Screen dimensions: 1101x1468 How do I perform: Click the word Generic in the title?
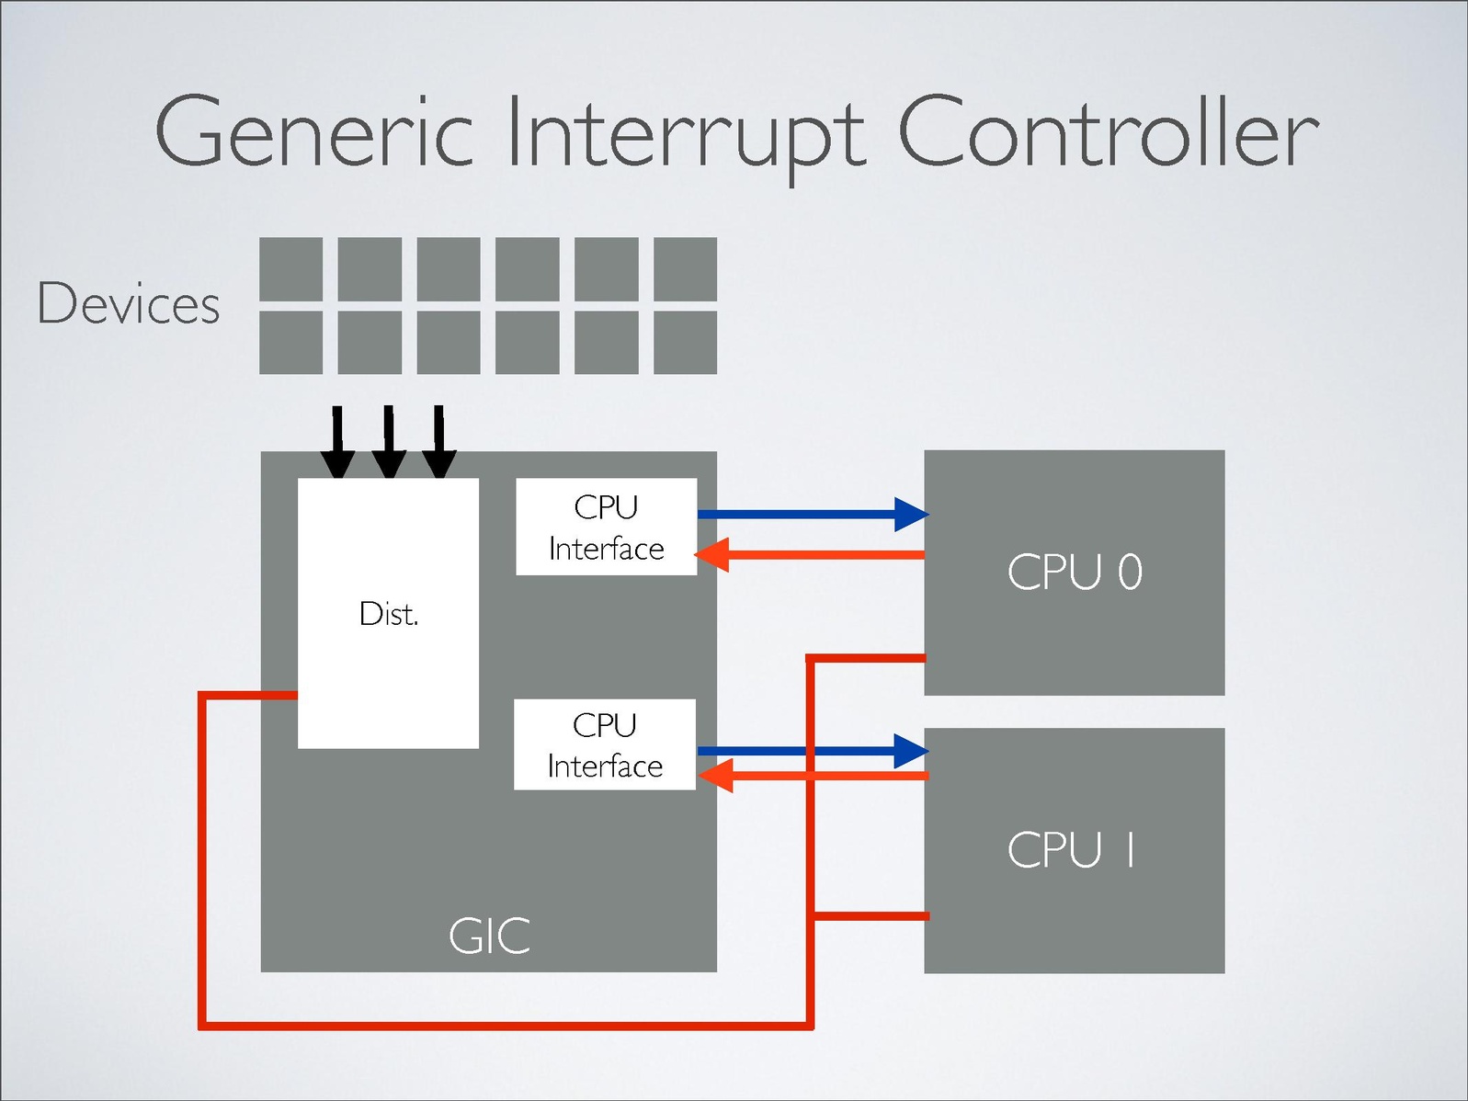coord(313,134)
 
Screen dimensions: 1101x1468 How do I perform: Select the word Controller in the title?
coord(1108,134)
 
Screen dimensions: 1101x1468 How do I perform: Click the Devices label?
coord(129,303)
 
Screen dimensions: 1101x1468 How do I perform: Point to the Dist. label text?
coord(389,614)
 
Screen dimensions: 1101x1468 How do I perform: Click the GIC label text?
coord(489,936)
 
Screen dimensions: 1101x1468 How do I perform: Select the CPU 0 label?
coord(1075,572)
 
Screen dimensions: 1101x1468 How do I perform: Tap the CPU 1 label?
coord(1072,849)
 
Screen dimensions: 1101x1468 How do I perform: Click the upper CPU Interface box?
coord(607,527)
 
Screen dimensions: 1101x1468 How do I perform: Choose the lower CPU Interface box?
coord(605,744)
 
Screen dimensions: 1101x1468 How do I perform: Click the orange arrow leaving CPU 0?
coord(810,555)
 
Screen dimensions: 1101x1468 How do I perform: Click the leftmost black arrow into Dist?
coord(337,441)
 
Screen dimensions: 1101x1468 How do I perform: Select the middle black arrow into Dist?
coord(389,441)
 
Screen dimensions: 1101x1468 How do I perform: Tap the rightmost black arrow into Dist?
coord(439,441)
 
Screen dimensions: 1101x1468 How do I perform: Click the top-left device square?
coord(290,269)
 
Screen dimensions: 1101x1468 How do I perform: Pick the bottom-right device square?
coord(685,343)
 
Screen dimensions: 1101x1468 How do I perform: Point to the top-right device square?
coord(685,269)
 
